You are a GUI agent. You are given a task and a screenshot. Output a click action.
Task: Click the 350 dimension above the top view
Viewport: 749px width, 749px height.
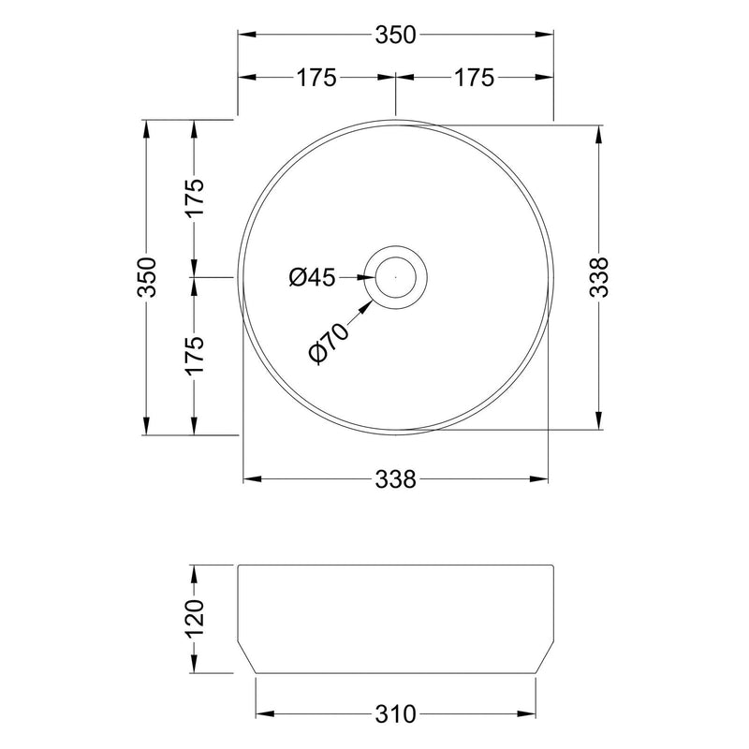(x=395, y=35)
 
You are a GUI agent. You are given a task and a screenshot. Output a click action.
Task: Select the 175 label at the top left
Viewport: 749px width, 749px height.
(x=316, y=78)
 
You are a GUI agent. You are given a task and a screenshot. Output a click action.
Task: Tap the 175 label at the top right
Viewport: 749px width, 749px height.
(x=474, y=78)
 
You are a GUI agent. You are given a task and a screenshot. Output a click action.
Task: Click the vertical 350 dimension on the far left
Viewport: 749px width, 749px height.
(x=146, y=277)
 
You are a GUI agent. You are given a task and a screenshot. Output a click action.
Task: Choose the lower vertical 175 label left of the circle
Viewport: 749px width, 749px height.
(x=194, y=355)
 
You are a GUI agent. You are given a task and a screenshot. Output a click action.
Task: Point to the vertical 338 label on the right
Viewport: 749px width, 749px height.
(x=600, y=277)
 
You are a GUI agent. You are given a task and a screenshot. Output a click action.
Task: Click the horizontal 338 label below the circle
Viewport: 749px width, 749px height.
(x=395, y=479)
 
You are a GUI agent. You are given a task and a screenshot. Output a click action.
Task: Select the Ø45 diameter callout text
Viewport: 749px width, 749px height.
(x=312, y=277)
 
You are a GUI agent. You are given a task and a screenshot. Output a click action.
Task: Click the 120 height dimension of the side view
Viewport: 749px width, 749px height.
(x=194, y=619)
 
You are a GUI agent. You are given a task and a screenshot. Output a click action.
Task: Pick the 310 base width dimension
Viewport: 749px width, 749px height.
(x=395, y=713)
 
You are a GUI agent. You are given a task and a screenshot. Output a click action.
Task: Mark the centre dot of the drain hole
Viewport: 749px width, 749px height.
(x=396, y=277)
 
